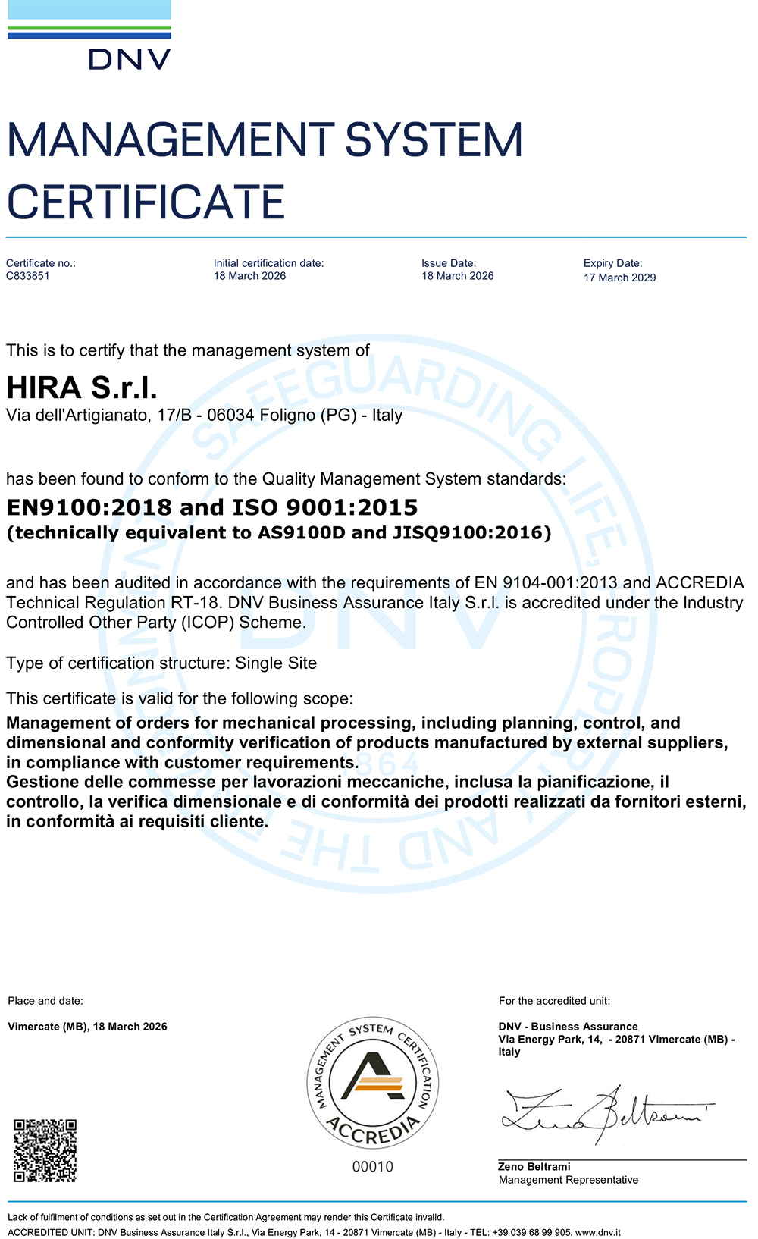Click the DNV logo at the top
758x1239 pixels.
click(x=89, y=36)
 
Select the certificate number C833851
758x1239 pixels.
click(x=28, y=276)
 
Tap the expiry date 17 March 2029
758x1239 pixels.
click(x=619, y=278)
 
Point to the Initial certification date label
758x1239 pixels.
click(x=268, y=263)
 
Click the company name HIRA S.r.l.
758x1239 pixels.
click(x=82, y=388)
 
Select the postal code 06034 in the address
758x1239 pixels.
click(x=230, y=416)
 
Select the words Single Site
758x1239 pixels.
click(x=276, y=663)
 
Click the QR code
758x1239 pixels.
click(x=45, y=1150)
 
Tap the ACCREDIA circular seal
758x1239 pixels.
click(x=372, y=1082)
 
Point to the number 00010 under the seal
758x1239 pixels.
click(x=372, y=1167)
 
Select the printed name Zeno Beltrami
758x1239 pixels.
click(x=534, y=1167)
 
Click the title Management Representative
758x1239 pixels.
click(x=568, y=1180)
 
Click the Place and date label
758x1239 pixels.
click(x=45, y=1001)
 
